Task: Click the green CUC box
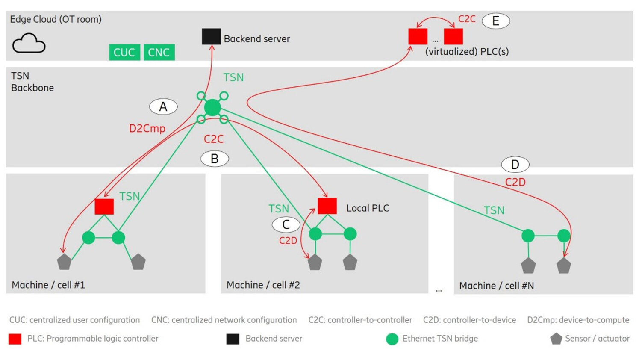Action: coord(124,52)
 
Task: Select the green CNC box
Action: coord(159,52)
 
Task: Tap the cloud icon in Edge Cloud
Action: coord(29,43)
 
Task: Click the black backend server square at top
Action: coord(211,37)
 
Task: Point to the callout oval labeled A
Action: coord(163,106)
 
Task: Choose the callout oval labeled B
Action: coord(215,159)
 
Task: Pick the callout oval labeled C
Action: coord(286,224)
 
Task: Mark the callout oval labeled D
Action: coord(515,165)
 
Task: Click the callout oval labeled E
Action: coord(496,21)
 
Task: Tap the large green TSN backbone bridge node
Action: coord(212,107)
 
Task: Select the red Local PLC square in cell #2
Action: coord(327,206)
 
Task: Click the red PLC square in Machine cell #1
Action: coord(104,207)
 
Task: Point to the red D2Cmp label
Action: coord(147,128)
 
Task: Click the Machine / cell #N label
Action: coord(496,286)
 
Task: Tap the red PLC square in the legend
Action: coord(15,339)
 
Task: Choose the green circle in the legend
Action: coord(392,339)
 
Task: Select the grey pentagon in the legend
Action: coord(556,339)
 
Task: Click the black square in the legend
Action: coord(233,339)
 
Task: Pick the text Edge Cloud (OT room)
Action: coord(56,19)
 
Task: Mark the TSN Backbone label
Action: coord(32,82)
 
